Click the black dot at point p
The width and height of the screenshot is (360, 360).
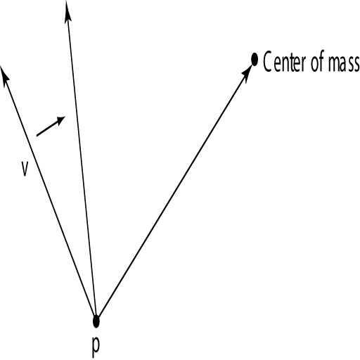click(96, 321)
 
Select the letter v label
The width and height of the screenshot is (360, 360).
click(25, 168)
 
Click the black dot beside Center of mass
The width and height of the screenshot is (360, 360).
click(255, 60)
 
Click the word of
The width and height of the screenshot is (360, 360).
click(318, 61)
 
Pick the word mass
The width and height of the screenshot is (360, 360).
click(344, 63)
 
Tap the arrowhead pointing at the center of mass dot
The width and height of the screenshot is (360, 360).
click(247, 70)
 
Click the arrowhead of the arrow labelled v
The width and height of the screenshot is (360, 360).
click(5, 75)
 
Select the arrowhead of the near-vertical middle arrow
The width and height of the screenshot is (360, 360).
click(67, 12)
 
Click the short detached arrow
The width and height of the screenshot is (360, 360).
click(51, 126)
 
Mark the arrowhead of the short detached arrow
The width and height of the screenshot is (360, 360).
click(60, 120)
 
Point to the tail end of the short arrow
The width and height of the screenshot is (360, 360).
click(37, 135)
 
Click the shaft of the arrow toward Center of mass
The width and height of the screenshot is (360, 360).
click(174, 190)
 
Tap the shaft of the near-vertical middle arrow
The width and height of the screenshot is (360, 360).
click(82, 160)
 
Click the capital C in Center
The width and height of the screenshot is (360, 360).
click(267, 62)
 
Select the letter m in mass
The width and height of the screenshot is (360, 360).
click(334, 63)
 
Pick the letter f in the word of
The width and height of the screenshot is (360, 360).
click(322, 61)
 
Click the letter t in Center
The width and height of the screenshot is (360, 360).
click(292, 63)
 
